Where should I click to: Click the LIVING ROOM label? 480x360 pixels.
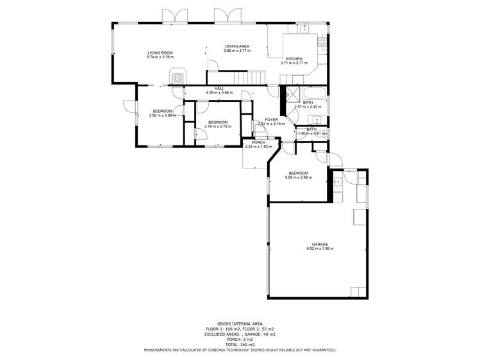click(x=160, y=53)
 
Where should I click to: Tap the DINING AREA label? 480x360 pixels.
click(x=236, y=45)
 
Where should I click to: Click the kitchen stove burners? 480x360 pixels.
click(x=322, y=43)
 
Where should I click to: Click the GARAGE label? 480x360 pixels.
click(x=320, y=244)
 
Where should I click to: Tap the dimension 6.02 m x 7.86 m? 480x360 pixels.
click(x=320, y=249)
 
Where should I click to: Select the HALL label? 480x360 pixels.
click(x=219, y=89)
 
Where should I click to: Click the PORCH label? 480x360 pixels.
click(x=258, y=142)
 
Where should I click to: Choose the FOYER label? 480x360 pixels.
click(x=271, y=119)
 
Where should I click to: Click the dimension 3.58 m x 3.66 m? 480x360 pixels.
click(x=298, y=177)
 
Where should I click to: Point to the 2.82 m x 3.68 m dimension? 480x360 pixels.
click(x=161, y=116)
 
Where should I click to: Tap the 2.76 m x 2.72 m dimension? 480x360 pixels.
click(x=217, y=126)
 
